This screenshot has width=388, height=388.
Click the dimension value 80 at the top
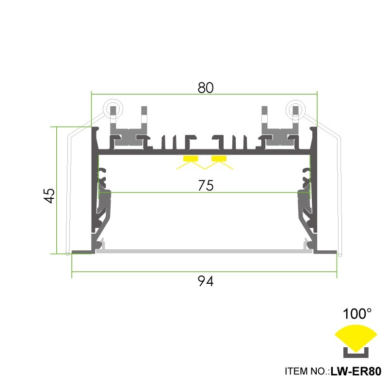point(206,87)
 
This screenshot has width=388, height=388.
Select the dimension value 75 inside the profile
point(206,186)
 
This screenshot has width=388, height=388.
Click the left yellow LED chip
point(191,159)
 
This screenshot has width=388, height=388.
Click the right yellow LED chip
point(219,159)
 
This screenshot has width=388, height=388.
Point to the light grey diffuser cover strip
point(204,251)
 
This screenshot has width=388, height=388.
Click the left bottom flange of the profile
point(82,251)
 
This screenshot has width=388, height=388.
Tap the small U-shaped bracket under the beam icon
point(356,350)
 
